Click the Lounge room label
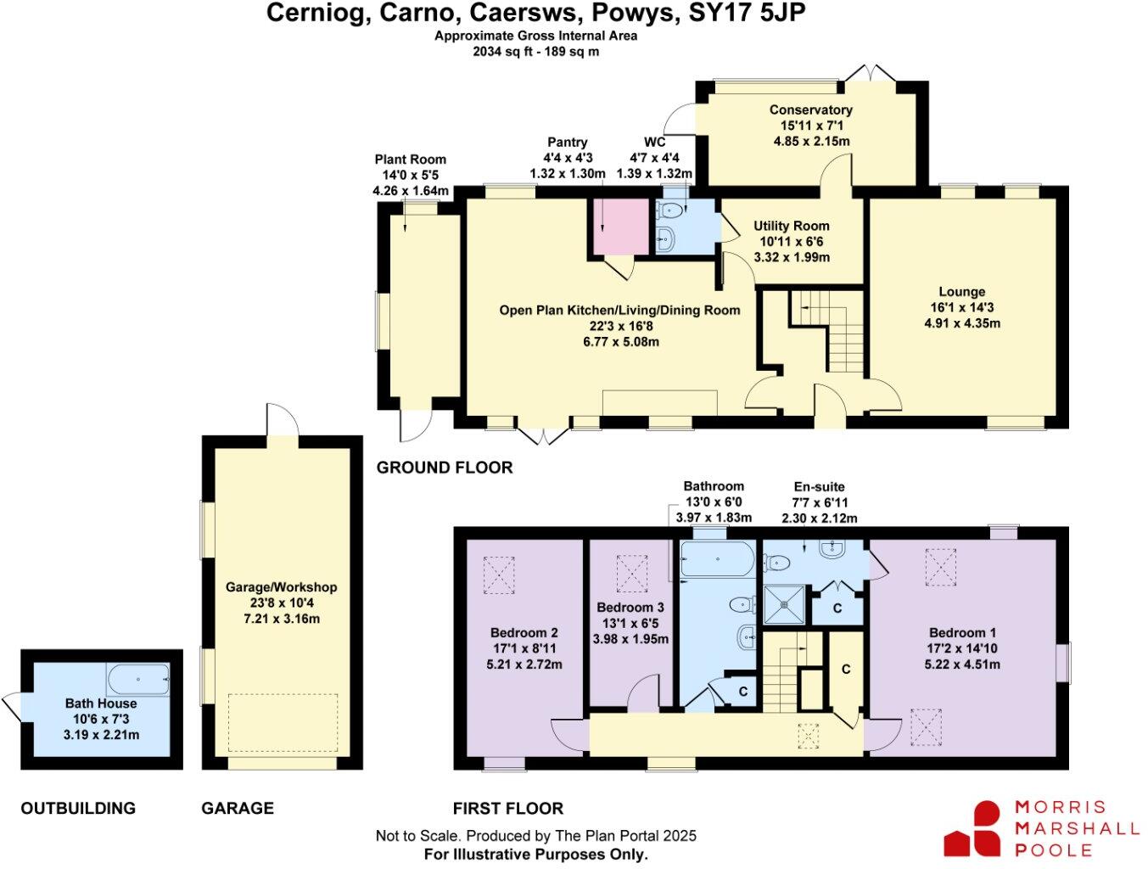tap(961, 292)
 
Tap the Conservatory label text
tap(810, 109)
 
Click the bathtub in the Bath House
tap(138, 679)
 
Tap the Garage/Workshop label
tap(281, 587)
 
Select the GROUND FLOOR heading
tap(445, 468)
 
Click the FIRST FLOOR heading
tap(507, 809)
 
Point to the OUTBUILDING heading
tap(78, 809)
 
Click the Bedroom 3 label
tap(630, 608)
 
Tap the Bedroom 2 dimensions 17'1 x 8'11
tap(524, 648)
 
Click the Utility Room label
tap(791, 226)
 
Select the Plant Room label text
tap(410, 160)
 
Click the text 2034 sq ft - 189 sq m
tap(535, 51)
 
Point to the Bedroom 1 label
tap(962, 633)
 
